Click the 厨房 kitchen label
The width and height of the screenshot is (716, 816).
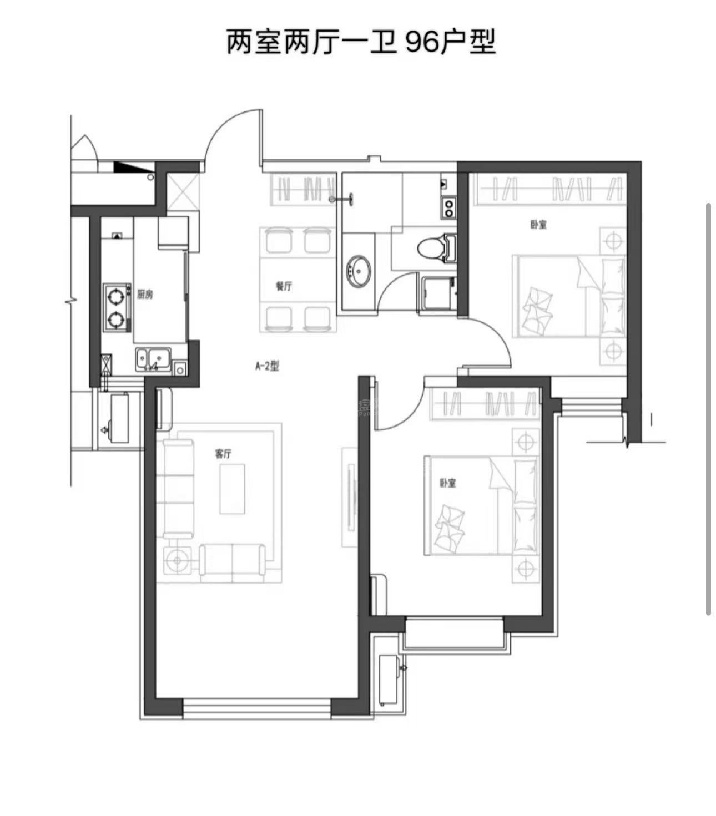pyautogui.click(x=145, y=295)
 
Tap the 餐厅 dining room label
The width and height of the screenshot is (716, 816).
pyautogui.click(x=284, y=286)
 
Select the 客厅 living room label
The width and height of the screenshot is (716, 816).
pyautogui.click(x=223, y=454)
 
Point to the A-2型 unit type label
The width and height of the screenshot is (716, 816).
pyautogui.click(x=267, y=366)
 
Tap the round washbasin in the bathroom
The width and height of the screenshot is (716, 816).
pyautogui.click(x=358, y=271)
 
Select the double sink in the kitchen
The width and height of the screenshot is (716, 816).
pyautogui.click(x=153, y=358)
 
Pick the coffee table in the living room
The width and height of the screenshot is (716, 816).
pyautogui.click(x=232, y=489)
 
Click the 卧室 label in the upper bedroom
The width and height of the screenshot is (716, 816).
pyautogui.click(x=538, y=225)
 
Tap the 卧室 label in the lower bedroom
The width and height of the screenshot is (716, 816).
pyautogui.click(x=448, y=483)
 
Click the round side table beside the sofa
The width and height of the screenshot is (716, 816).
pyautogui.click(x=177, y=560)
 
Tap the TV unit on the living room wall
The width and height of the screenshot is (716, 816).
pyautogui.click(x=350, y=497)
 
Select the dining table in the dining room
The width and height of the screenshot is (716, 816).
pyautogui.click(x=298, y=280)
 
